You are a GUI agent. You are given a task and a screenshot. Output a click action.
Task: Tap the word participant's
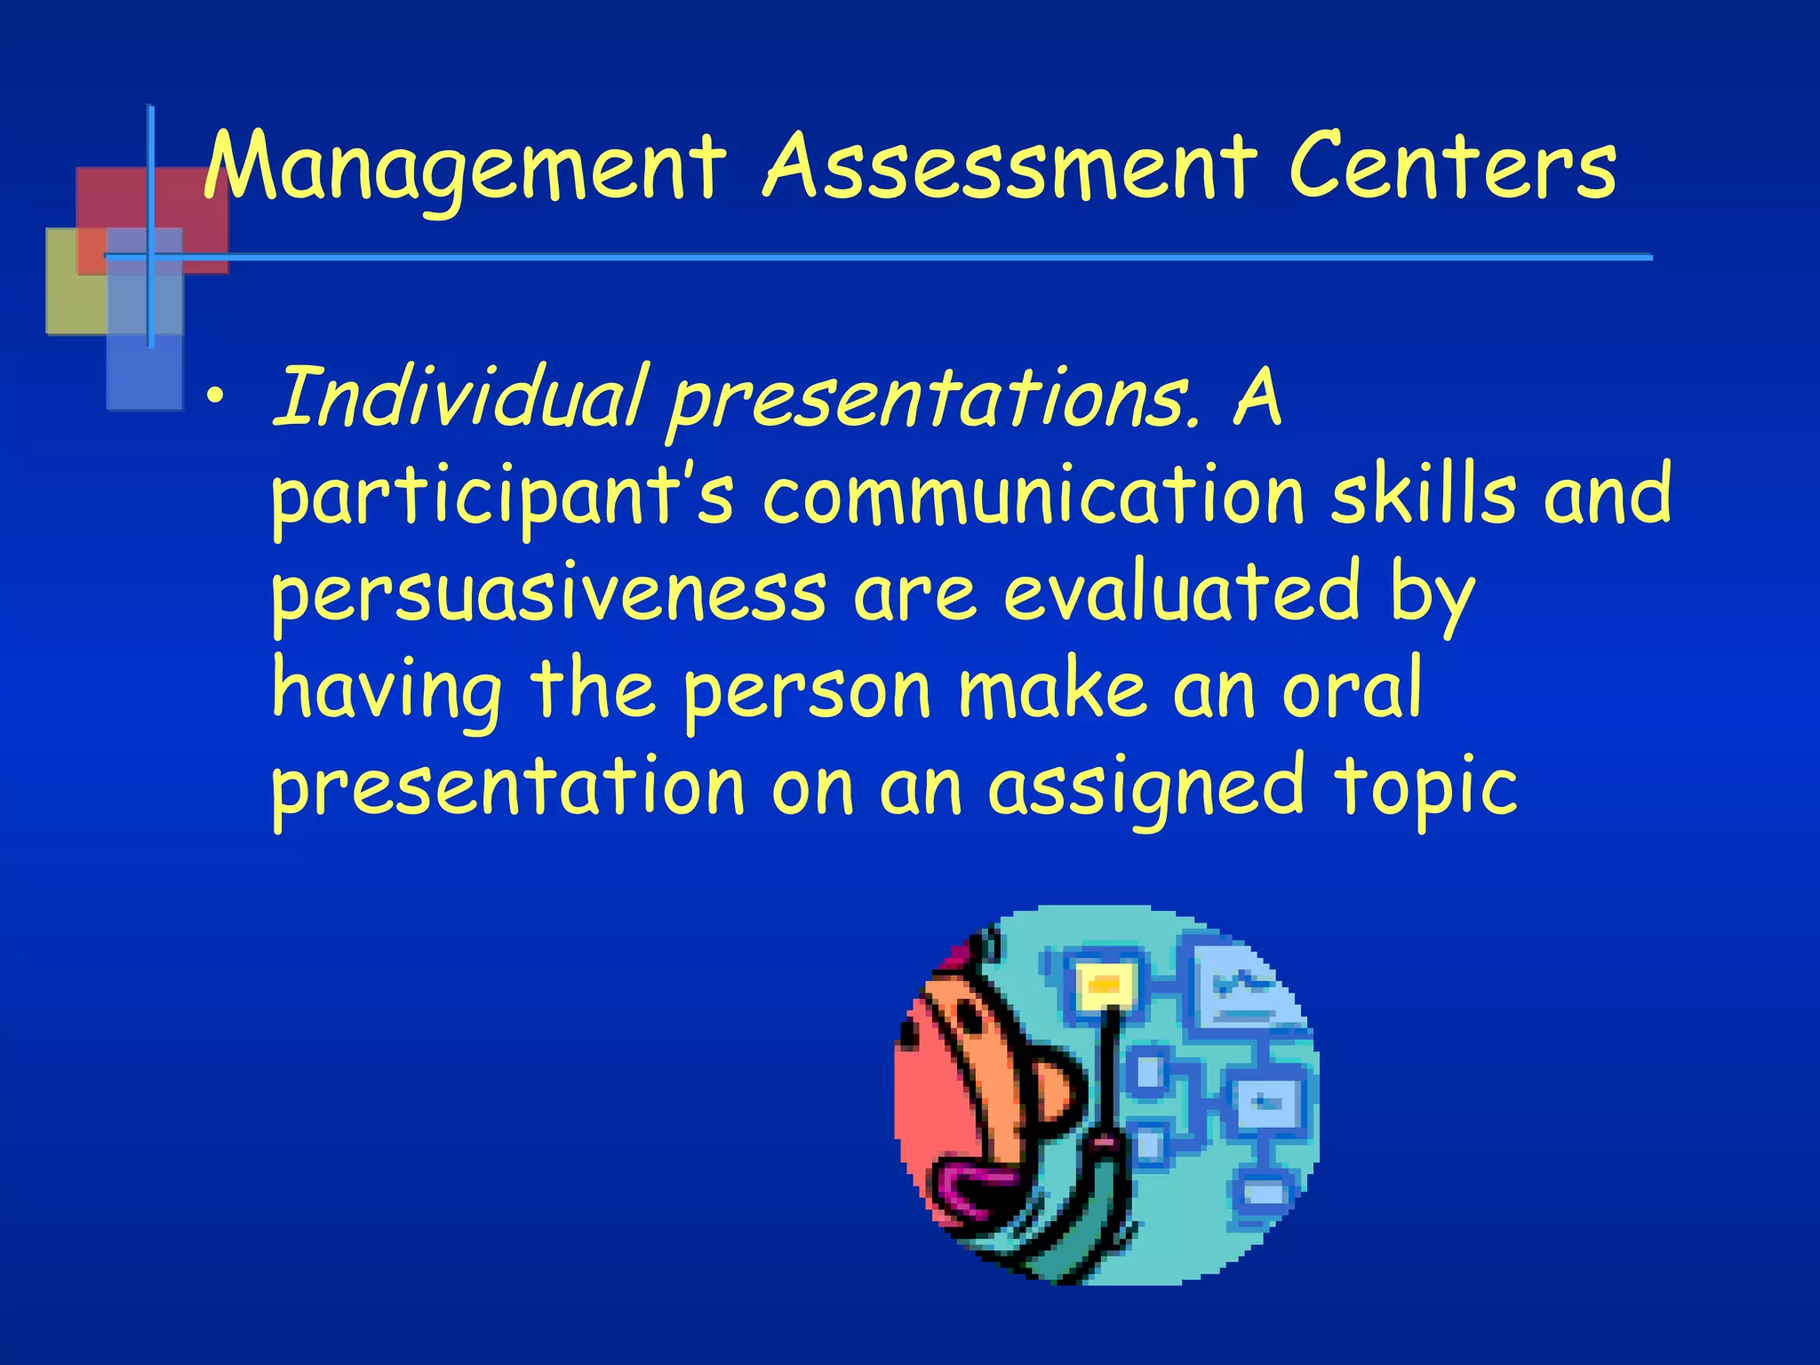coord(503,498)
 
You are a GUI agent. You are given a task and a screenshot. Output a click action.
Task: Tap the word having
coord(387,691)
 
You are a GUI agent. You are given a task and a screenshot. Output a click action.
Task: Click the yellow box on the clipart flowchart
coord(1105,985)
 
